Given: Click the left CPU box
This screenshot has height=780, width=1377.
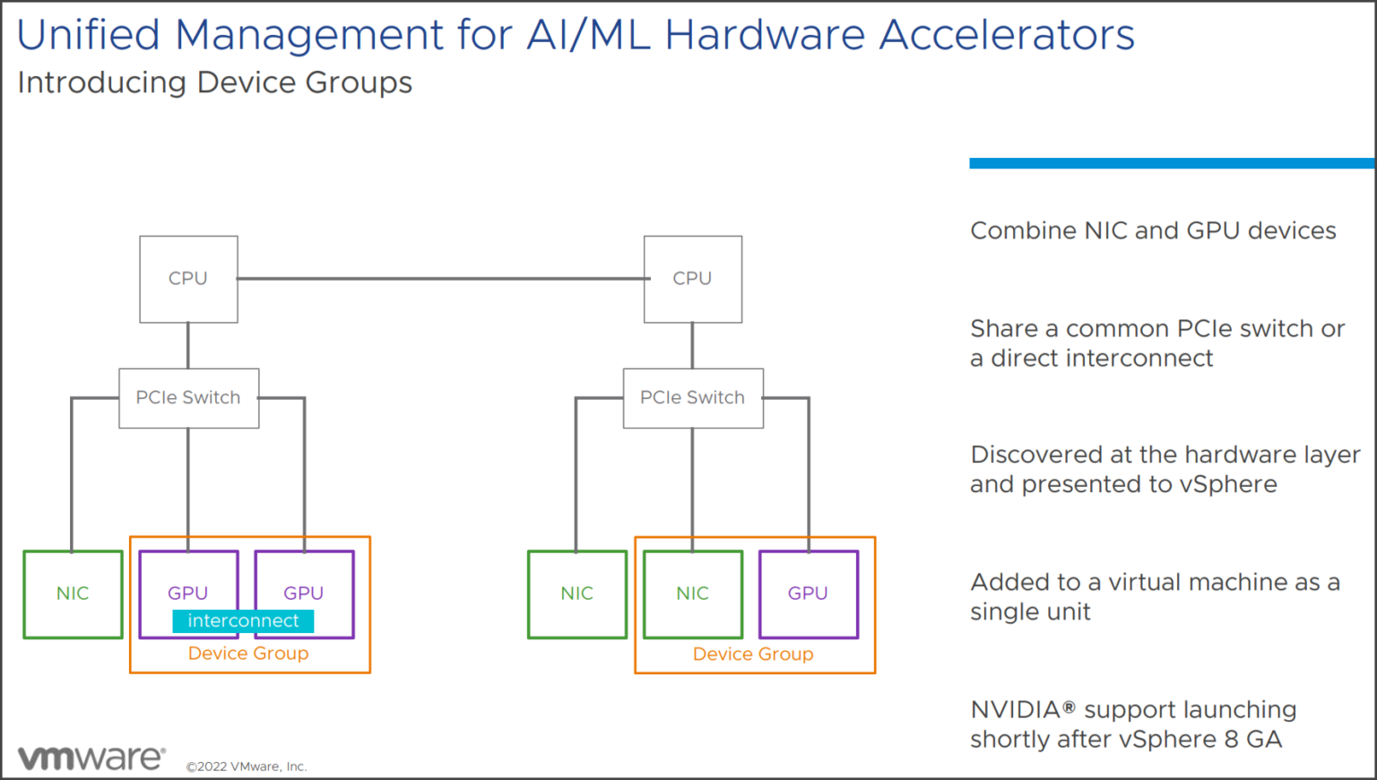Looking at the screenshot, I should point(188,279).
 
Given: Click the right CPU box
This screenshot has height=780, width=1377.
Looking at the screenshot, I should point(692,279).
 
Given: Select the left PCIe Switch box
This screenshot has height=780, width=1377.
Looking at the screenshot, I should point(188,398).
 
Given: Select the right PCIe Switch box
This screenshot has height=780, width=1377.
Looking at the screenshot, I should point(692,398).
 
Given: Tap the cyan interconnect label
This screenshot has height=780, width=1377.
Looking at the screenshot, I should point(243,621).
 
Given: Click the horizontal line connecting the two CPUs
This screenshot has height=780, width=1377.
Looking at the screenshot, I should point(439,279).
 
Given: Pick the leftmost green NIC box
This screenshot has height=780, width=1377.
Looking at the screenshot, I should point(73,594).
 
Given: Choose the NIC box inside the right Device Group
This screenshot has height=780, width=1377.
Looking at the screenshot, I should point(692,594).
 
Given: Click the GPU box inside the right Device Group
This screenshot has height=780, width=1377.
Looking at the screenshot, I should point(808,594).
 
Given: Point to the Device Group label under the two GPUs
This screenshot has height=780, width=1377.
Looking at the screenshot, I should point(248,654).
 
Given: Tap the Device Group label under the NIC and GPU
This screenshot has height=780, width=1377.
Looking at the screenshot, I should point(753,654).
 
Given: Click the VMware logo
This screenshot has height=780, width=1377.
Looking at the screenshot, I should point(91,758).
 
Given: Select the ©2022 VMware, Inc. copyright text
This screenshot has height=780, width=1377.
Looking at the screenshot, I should point(247,767).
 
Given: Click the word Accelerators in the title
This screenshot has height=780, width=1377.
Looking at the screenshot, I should point(1006,36).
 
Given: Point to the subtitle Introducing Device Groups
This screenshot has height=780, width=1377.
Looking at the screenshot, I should point(215,82).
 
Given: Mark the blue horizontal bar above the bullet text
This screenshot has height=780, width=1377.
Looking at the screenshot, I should point(1171,163).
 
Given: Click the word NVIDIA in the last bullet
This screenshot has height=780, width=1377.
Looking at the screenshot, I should point(1016,710).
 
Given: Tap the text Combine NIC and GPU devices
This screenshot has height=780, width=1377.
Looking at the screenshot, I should point(1153,231).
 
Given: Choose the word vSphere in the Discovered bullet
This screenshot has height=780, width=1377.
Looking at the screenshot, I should point(1228,485).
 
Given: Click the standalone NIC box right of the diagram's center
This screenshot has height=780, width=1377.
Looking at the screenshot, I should point(576,594).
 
